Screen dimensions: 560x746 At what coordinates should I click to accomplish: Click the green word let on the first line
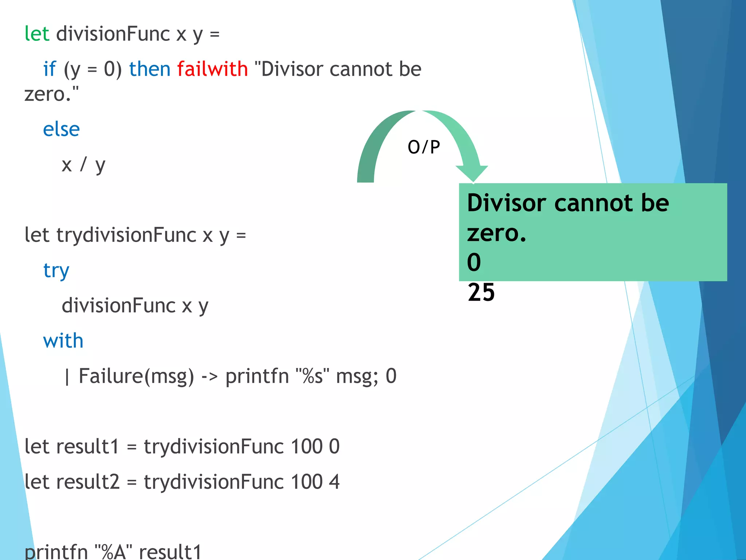[37, 34]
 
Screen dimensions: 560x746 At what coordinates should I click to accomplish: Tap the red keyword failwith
[212, 69]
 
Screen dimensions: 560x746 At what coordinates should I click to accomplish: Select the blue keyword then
[150, 69]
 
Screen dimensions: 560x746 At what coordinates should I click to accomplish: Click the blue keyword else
[61, 129]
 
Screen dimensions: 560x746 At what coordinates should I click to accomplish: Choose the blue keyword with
[63, 341]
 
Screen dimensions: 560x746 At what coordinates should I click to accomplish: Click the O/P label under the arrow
[424, 147]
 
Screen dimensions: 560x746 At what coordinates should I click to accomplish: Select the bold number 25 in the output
[481, 292]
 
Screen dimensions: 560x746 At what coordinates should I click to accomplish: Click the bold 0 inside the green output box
[474, 262]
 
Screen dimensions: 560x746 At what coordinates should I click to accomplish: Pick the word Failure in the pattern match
[110, 376]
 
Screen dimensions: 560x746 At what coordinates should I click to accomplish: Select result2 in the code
[87, 482]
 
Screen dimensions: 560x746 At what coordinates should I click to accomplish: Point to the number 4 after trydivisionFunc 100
[334, 482]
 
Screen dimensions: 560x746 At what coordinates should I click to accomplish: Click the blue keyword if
[50, 69]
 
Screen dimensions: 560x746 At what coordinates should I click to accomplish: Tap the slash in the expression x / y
[83, 164]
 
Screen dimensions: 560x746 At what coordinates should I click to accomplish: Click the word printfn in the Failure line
[257, 376]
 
